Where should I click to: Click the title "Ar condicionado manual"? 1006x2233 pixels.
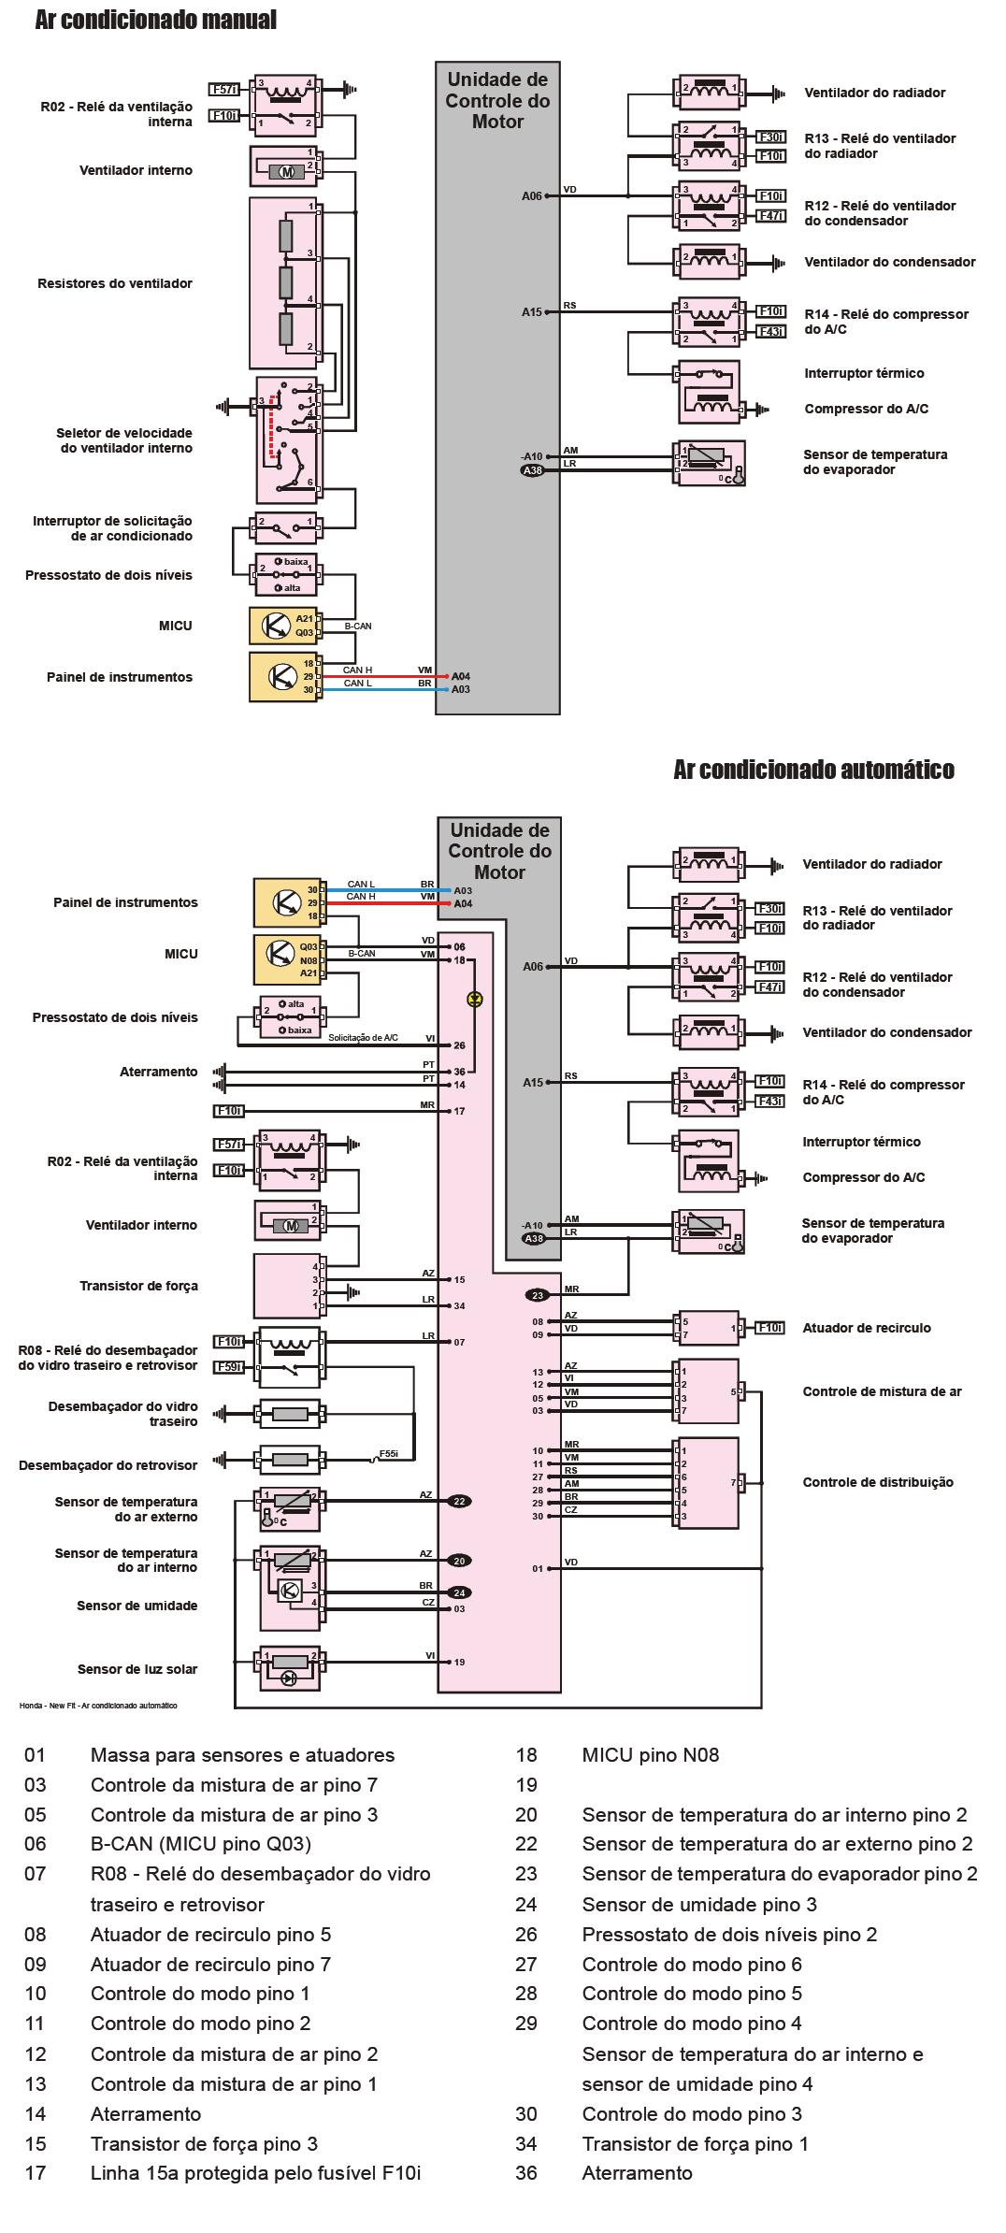[x=155, y=20]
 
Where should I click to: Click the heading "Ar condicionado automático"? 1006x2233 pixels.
[x=813, y=770]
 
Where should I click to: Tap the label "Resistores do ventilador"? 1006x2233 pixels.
[x=115, y=283]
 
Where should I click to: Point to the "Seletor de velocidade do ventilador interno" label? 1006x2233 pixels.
[x=124, y=440]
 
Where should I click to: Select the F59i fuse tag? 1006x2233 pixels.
[x=229, y=1367]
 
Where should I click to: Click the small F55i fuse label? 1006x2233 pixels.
[x=388, y=1454]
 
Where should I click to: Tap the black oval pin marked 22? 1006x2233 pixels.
[x=459, y=1501]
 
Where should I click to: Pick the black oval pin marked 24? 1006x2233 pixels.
[x=459, y=1592]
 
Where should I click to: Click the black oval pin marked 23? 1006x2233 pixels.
[x=538, y=1295]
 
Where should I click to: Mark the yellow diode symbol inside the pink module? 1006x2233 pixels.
[x=475, y=999]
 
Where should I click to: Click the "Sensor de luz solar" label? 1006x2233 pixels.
[x=137, y=1669]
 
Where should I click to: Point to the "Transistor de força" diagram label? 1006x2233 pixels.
[x=138, y=1286]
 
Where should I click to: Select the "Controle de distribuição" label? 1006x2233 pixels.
[x=878, y=1482]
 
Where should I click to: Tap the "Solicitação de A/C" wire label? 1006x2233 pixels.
[x=363, y=1038]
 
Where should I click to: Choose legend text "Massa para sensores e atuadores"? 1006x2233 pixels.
[x=242, y=1755]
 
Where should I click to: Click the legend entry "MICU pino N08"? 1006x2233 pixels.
[x=650, y=1755]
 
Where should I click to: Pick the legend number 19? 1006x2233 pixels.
[x=526, y=1785]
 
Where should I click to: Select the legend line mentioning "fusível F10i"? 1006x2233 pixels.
[x=255, y=2173]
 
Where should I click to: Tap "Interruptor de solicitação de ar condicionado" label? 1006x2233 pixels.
[x=112, y=528]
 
